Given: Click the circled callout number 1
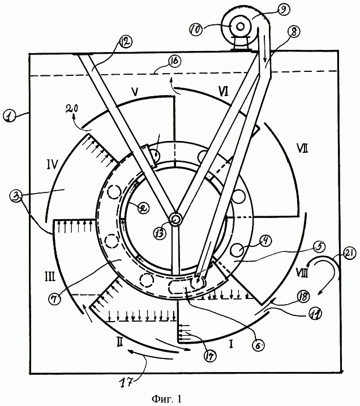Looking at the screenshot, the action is click(10, 116).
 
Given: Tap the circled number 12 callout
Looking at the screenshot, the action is click(126, 41).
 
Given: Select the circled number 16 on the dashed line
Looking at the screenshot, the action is click(175, 61).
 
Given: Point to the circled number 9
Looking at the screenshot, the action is click(283, 9).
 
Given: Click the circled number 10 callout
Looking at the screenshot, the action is click(196, 29).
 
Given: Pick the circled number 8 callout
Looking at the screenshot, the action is click(294, 32).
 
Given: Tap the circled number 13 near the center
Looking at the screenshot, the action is click(160, 233).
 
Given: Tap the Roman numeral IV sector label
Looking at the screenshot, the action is click(52, 164).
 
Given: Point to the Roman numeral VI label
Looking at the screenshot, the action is click(223, 91).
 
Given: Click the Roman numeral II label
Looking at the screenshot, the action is click(119, 343).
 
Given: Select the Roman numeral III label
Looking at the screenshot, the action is click(50, 277).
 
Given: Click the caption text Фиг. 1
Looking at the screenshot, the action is click(166, 399).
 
